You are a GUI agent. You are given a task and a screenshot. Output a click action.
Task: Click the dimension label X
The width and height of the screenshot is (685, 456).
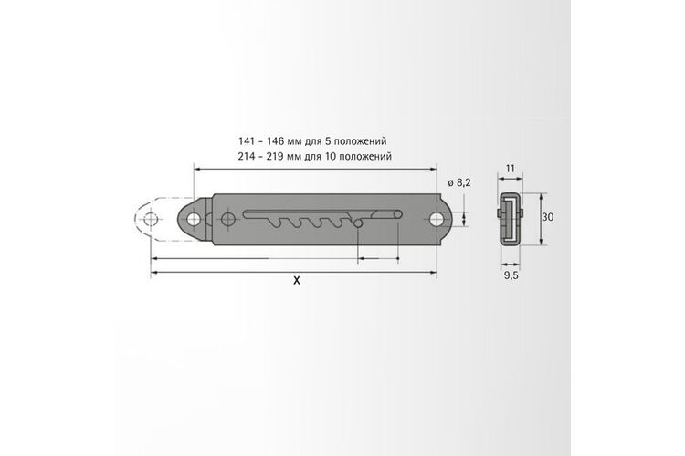(297, 281)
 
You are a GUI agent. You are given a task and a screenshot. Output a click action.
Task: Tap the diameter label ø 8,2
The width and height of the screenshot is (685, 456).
(459, 182)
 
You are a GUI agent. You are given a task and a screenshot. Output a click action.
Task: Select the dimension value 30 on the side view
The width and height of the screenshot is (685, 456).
(547, 217)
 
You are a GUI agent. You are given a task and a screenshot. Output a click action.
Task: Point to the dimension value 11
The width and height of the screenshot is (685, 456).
(510, 168)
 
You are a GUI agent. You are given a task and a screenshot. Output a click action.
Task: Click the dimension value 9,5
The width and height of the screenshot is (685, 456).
(511, 275)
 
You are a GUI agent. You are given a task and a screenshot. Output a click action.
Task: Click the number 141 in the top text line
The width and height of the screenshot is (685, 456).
(247, 141)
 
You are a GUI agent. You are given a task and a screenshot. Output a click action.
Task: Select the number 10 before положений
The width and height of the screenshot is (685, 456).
(330, 156)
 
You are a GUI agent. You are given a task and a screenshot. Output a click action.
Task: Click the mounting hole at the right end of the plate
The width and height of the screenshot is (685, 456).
(437, 220)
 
